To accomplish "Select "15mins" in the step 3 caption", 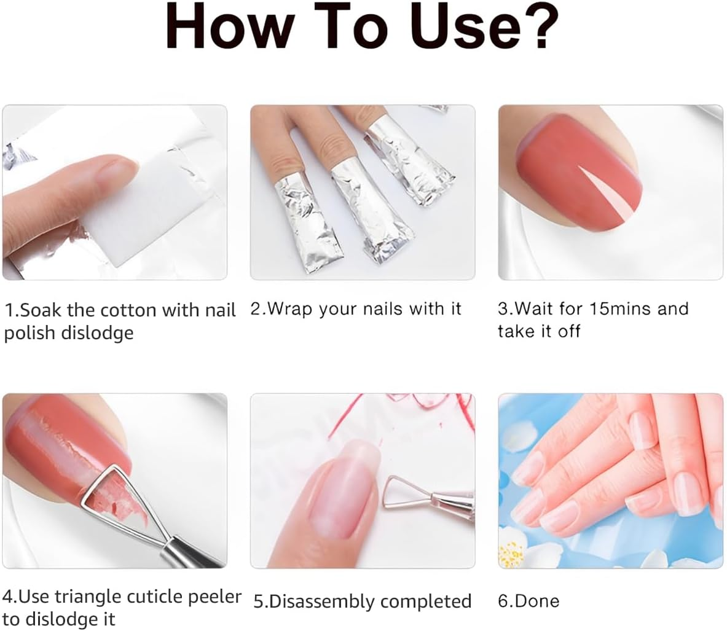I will (621, 308).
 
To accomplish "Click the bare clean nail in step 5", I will (335, 504).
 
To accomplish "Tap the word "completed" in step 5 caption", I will (429, 601).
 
